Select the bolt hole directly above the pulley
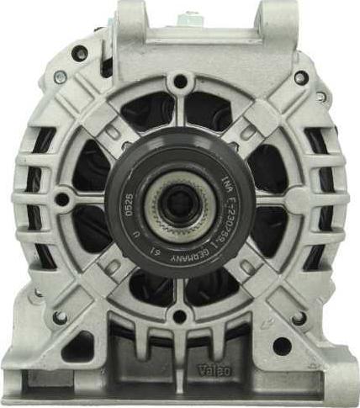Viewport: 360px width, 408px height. tap(179, 82)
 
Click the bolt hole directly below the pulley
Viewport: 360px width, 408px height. tap(178, 316)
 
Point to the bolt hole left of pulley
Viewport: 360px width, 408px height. tap(61, 199)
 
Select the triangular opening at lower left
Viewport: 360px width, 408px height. tap(78, 345)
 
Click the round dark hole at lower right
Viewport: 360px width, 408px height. tap(283, 345)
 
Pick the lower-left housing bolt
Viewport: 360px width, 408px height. tap(60, 317)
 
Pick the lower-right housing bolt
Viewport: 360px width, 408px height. tap(298, 318)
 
